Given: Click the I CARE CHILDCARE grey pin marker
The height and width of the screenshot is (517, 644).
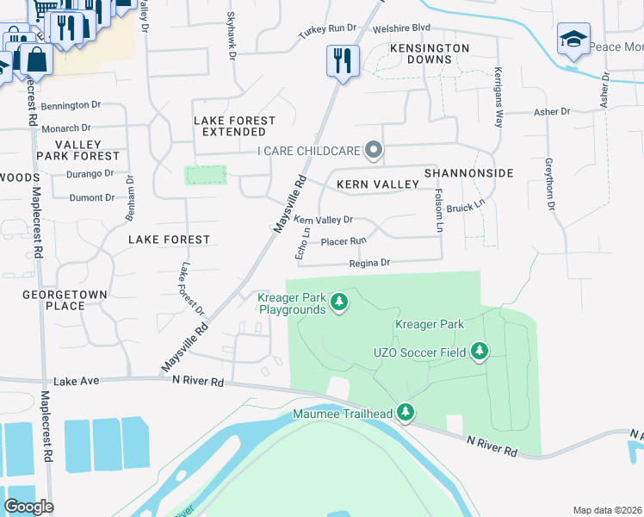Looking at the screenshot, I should click(374, 150).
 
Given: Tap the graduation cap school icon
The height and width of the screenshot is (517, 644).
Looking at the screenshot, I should click(573, 40).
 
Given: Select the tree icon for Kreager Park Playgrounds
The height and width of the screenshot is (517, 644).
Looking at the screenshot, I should click(339, 302).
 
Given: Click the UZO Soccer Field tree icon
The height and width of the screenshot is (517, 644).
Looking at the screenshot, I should click(480, 351).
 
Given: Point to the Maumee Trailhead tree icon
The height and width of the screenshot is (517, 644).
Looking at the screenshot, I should click(406, 414).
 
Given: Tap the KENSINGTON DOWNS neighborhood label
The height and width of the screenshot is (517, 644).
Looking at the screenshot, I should click(430, 53).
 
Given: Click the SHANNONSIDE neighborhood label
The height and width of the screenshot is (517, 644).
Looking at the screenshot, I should click(468, 173).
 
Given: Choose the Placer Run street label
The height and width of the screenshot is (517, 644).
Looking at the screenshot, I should click(344, 241).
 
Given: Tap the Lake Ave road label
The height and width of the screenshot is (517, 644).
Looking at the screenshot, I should click(71, 380).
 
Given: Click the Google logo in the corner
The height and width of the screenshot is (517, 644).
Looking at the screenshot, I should click(28, 507).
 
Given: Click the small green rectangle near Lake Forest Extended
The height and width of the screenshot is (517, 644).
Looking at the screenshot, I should click(205, 175).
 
